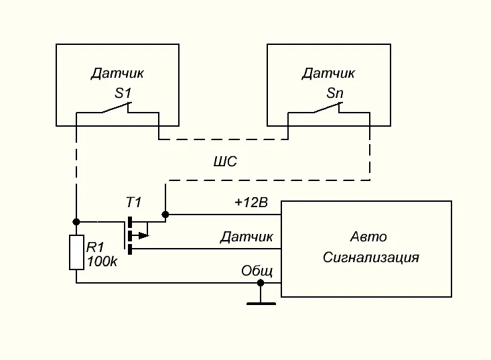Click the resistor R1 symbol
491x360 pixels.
tap(76, 252)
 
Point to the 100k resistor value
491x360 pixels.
tap(102, 261)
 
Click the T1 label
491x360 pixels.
tap(134, 202)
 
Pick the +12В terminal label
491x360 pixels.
tap(251, 203)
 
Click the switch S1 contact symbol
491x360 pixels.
tap(117, 109)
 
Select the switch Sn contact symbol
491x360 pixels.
tap(328, 109)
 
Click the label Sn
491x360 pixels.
tap(334, 93)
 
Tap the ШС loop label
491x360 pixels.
tap(225, 162)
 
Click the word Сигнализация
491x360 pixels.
tap(370, 257)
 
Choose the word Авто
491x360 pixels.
tap(368, 237)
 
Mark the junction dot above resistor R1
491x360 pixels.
tap(76, 222)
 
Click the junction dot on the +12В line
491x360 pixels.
tap(165, 215)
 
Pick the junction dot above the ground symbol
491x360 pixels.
tap(261, 283)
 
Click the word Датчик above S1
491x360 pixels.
tap(118, 73)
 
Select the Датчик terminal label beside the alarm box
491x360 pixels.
tap(247, 237)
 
